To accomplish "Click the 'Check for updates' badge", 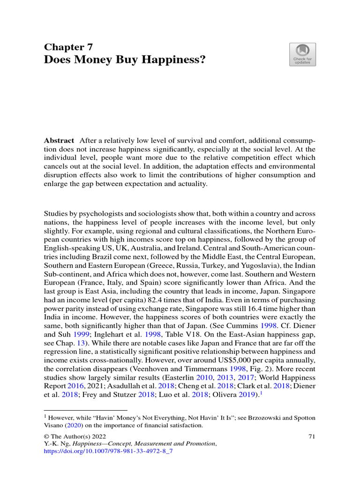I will (x=302, y=54).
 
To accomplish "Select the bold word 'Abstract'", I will (x=59, y=141).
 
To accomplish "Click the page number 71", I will (x=311, y=436).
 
